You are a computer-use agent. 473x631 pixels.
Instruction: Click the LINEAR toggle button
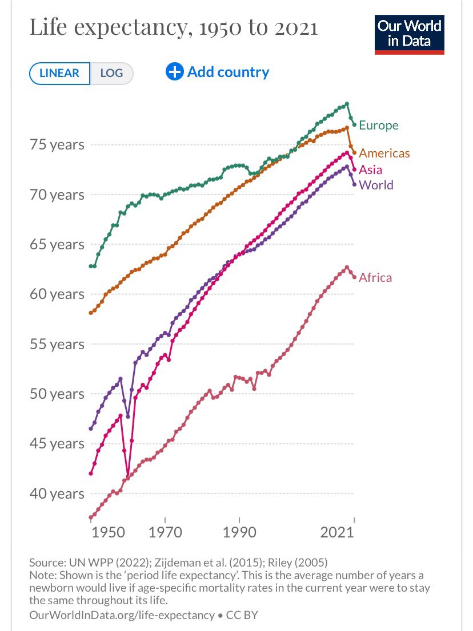tap(59, 73)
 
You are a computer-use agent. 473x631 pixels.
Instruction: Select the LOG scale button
tap(111, 73)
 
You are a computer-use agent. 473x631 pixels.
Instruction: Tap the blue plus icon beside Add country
tap(174, 72)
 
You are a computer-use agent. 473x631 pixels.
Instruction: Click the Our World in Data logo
tap(410, 35)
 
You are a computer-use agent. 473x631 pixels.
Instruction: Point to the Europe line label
tap(378, 125)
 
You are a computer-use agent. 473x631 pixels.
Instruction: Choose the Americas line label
tap(384, 153)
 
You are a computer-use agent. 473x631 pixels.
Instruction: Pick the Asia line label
tap(370, 170)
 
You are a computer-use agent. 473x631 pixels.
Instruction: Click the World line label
tap(376, 185)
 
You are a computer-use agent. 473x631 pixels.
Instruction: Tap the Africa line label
tap(375, 278)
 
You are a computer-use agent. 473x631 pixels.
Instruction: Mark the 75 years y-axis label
tap(57, 144)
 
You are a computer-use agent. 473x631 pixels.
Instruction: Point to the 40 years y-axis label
tap(57, 494)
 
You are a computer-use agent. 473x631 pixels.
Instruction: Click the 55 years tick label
tap(57, 344)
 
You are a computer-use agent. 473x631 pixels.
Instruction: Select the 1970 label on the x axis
tap(165, 532)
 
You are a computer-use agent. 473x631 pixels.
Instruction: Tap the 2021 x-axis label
tap(337, 532)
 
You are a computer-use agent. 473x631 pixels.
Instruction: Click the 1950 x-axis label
tap(108, 532)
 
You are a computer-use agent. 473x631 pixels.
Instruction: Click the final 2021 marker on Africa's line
tap(355, 277)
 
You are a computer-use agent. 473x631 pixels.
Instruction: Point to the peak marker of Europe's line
tap(347, 104)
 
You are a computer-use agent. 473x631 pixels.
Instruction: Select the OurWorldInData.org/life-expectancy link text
tap(122, 615)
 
